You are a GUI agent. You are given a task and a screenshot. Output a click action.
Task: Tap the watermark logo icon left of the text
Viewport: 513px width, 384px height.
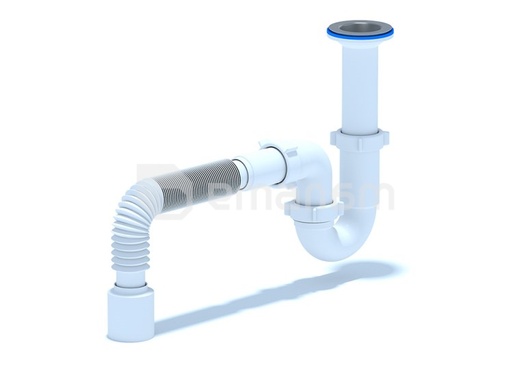pyautogui.click(x=154, y=188)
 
